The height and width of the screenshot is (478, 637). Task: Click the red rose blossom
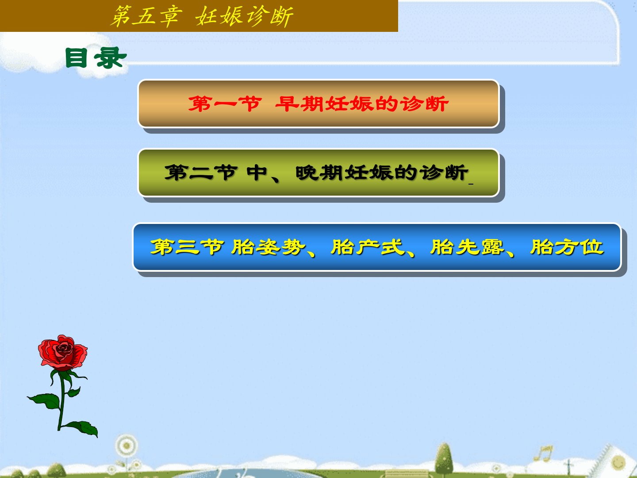point(63,353)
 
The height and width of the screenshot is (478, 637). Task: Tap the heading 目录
point(96,58)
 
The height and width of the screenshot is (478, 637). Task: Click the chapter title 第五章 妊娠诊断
point(202,16)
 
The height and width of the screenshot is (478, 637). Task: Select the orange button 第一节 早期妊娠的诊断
point(318,104)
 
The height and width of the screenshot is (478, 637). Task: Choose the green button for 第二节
point(318,173)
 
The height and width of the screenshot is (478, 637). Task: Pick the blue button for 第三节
point(377,247)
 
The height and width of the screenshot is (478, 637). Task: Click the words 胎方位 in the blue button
point(567,247)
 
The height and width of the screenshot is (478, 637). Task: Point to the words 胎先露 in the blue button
point(467,247)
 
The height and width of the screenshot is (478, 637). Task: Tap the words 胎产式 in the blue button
point(368,247)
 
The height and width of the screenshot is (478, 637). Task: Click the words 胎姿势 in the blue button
point(268,247)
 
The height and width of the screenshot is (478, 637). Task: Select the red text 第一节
point(225,104)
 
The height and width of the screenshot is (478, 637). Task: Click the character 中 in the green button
point(257,173)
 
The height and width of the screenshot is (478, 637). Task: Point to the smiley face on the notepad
point(618,462)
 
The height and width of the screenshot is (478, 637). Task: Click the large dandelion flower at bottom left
point(126,446)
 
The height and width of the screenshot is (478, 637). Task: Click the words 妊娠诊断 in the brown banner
point(244,16)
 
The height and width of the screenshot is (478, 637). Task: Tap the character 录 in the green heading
point(110,58)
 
